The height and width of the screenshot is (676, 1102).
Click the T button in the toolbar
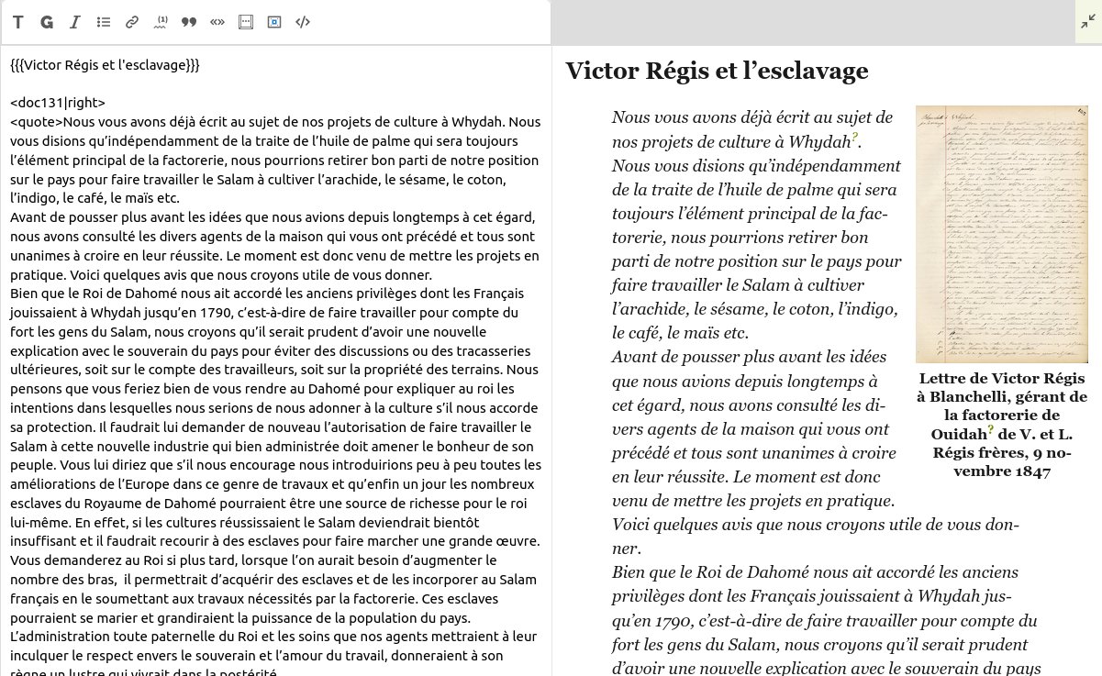click(x=18, y=22)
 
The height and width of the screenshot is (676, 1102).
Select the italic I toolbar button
click(x=75, y=22)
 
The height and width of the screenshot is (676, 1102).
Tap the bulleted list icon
click(x=104, y=22)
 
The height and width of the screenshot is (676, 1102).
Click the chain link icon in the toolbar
click(x=132, y=22)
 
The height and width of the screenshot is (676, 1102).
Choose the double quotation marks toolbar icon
click(x=189, y=22)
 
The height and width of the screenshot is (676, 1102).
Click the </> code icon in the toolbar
click(x=303, y=22)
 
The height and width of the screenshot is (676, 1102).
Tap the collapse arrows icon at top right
click(x=1088, y=22)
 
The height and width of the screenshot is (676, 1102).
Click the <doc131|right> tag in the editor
click(x=58, y=104)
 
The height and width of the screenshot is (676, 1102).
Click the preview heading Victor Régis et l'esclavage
click(x=717, y=71)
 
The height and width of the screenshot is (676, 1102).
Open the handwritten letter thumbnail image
click(x=1001, y=234)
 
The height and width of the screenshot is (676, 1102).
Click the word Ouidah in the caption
click(x=958, y=434)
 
